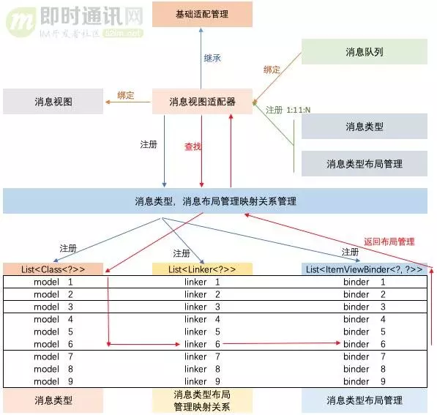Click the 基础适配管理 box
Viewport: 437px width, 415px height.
click(202, 14)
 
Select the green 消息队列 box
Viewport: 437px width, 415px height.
click(364, 52)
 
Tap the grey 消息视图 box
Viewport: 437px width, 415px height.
click(53, 102)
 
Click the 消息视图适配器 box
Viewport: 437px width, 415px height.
click(202, 102)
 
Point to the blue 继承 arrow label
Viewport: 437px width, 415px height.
click(212, 57)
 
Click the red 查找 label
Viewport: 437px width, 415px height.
click(193, 146)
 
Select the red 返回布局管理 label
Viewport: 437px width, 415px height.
click(389, 241)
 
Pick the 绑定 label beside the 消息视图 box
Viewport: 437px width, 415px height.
click(125, 95)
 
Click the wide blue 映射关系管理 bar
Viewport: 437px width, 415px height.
click(215, 201)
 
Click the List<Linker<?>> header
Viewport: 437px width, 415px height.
click(202, 269)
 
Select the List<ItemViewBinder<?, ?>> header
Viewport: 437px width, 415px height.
click(365, 269)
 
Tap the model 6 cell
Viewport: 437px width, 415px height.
click(53, 344)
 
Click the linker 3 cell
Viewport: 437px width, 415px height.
click(202, 307)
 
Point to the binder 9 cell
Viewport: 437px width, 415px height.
click(365, 381)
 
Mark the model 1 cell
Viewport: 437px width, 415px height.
click(53, 282)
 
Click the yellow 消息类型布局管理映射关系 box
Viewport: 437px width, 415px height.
click(202, 401)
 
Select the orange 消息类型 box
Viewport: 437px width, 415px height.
click(53, 400)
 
